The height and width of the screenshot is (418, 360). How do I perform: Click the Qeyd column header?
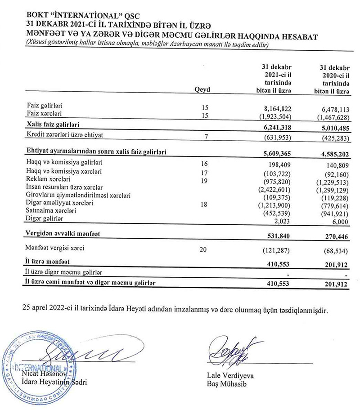click(202, 90)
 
